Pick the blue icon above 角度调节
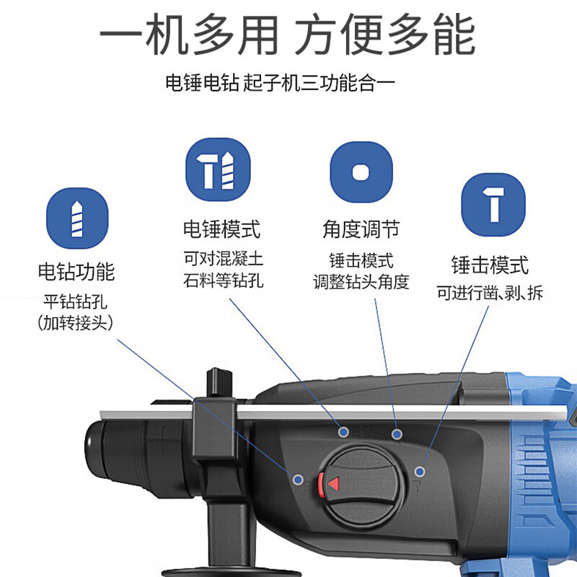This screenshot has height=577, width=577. tap(361, 173)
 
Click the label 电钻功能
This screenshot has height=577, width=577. tap(76, 272)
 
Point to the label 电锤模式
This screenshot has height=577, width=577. tap(221, 229)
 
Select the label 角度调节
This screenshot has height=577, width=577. tap(361, 229)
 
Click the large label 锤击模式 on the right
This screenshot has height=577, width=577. tap(490, 264)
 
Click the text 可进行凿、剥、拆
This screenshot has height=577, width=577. tap(490, 293)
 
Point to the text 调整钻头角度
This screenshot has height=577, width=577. tap(361, 281)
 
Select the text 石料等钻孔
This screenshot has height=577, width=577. tap(223, 280)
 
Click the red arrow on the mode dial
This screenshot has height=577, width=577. tap(333, 483)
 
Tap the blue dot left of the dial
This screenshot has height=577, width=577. tap(297, 478)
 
